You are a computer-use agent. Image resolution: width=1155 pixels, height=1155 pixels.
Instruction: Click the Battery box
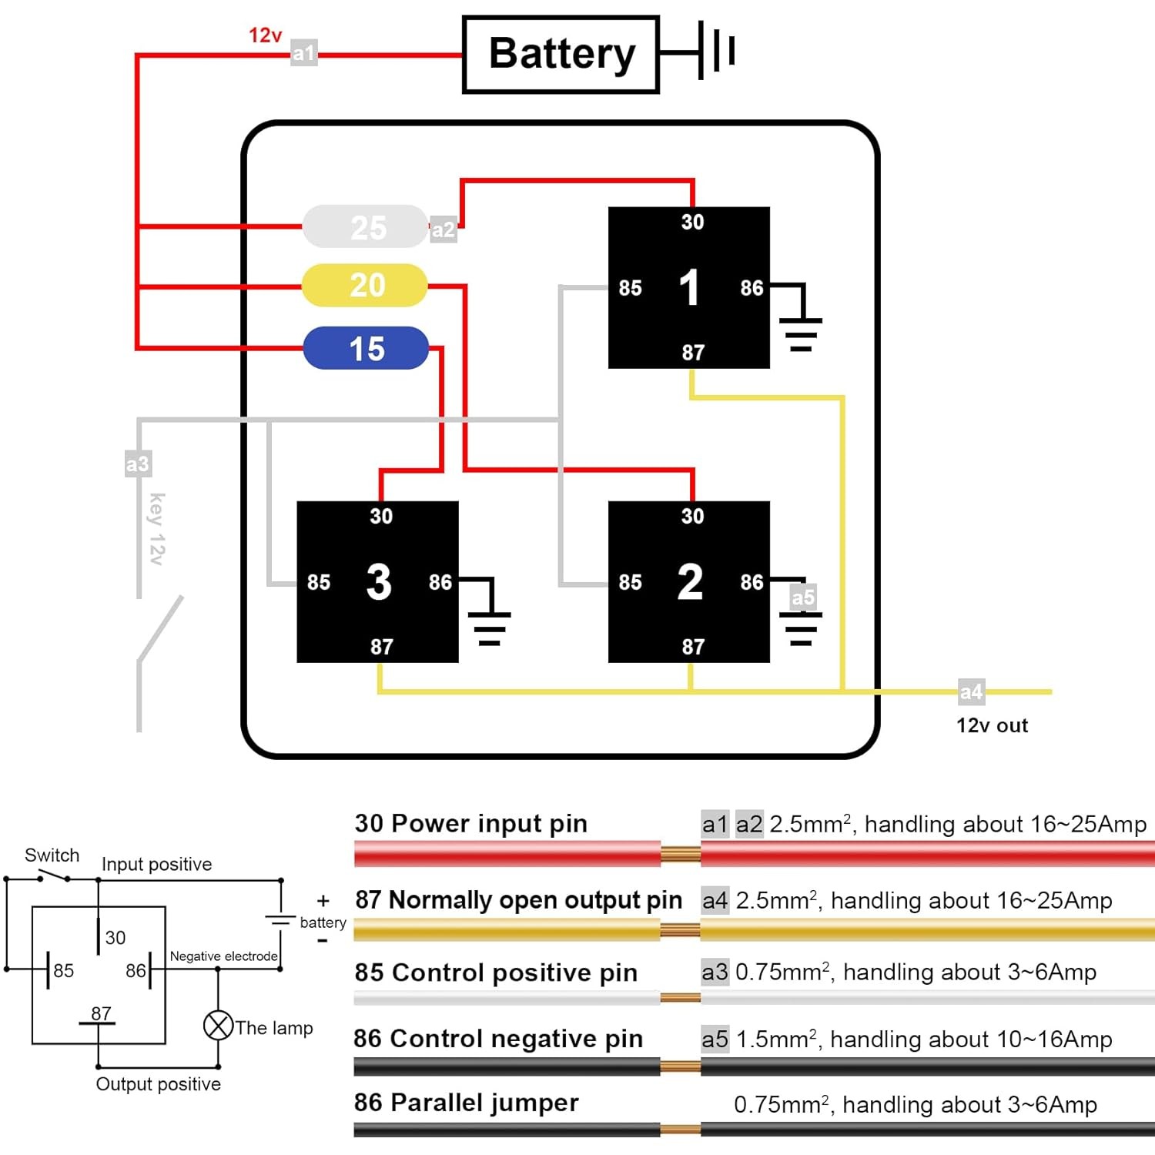pos(561,54)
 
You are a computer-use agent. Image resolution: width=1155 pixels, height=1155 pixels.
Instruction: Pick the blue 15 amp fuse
pos(366,348)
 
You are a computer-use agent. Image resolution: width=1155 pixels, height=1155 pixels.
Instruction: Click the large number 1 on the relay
pos(689,287)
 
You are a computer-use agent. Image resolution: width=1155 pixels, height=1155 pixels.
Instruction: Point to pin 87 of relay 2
pos(692,647)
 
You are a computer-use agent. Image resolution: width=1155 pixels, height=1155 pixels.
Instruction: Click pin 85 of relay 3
pos(319,582)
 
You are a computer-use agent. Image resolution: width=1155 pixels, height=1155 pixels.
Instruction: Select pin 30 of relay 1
pos(692,223)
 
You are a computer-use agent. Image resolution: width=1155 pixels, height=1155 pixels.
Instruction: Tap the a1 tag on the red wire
pos(303,52)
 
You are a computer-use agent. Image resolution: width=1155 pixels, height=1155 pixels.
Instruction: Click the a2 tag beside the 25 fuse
pos(443,229)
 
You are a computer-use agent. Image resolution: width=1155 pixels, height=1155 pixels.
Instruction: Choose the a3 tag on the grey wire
pos(138,464)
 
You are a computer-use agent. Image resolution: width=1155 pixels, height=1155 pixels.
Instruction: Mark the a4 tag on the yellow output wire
pos(971,691)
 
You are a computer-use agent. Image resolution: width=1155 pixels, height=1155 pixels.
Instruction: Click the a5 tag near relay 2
pos(803,598)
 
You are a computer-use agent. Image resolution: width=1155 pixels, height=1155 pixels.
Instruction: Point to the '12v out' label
pos(992,725)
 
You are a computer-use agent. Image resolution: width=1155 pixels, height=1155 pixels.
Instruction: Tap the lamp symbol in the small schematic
pos(218,1026)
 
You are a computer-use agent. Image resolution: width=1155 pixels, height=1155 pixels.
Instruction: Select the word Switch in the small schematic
pos(52,855)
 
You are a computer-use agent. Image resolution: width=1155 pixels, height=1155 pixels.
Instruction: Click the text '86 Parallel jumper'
pos(466,1103)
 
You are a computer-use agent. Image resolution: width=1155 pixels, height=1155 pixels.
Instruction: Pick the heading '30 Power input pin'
pos(470,824)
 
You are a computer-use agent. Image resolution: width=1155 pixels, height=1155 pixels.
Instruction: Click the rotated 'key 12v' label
pos(156,529)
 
